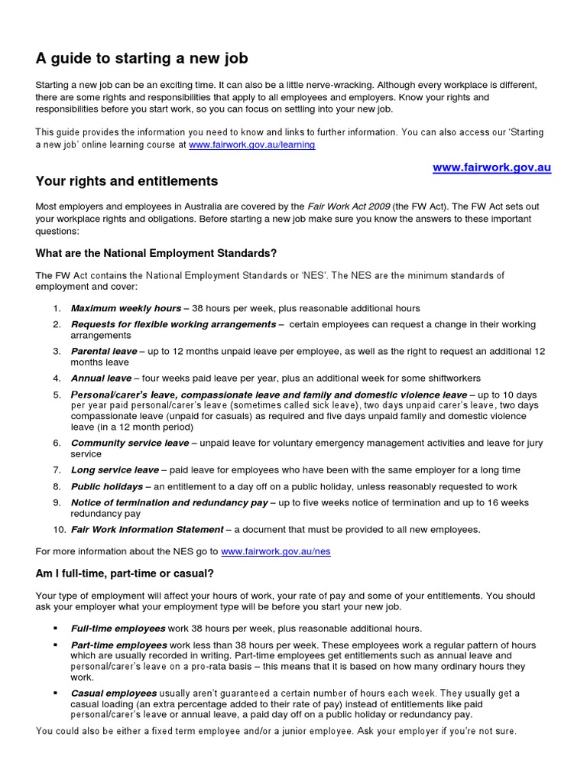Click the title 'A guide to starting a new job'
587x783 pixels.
click(141, 58)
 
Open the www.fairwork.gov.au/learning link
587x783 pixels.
click(251, 144)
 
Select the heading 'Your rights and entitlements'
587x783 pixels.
click(127, 182)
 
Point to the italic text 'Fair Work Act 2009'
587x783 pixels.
click(348, 206)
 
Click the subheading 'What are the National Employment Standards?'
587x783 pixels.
click(156, 253)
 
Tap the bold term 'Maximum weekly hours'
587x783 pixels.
click(125, 308)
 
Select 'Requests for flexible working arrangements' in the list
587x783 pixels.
click(173, 324)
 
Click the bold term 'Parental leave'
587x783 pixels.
click(104, 351)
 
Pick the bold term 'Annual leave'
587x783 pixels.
click(101, 378)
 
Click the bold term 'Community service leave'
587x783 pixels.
click(129, 443)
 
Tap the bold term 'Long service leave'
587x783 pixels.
click(115, 469)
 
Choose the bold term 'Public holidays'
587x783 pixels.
click(107, 486)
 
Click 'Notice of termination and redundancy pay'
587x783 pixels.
click(169, 502)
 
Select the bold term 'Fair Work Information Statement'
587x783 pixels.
click(147, 529)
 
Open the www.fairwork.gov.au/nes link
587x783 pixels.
click(275, 551)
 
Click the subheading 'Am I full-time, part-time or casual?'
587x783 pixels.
click(126, 573)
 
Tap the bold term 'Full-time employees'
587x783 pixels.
click(118, 628)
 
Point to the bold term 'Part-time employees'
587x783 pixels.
click(118, 645)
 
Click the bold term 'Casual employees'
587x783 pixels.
click(113, 693)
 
